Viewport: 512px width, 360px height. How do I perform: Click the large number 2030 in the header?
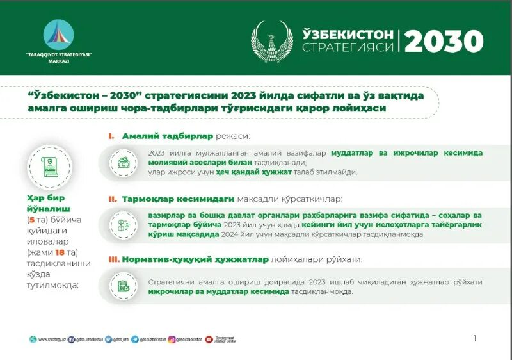(x=444, y=42)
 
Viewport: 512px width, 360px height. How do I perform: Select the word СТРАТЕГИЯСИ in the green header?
(x=348, y=48)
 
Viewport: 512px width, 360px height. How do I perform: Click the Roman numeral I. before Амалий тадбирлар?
(x=111, y=136)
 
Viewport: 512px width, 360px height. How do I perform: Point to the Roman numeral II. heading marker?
(x=112, y=199)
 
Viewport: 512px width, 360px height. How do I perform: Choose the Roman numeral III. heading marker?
(x=113, y=259)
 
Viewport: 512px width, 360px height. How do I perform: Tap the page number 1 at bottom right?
(x=474, y=338)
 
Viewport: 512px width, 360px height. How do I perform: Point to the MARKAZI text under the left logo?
(x=58, y=61)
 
